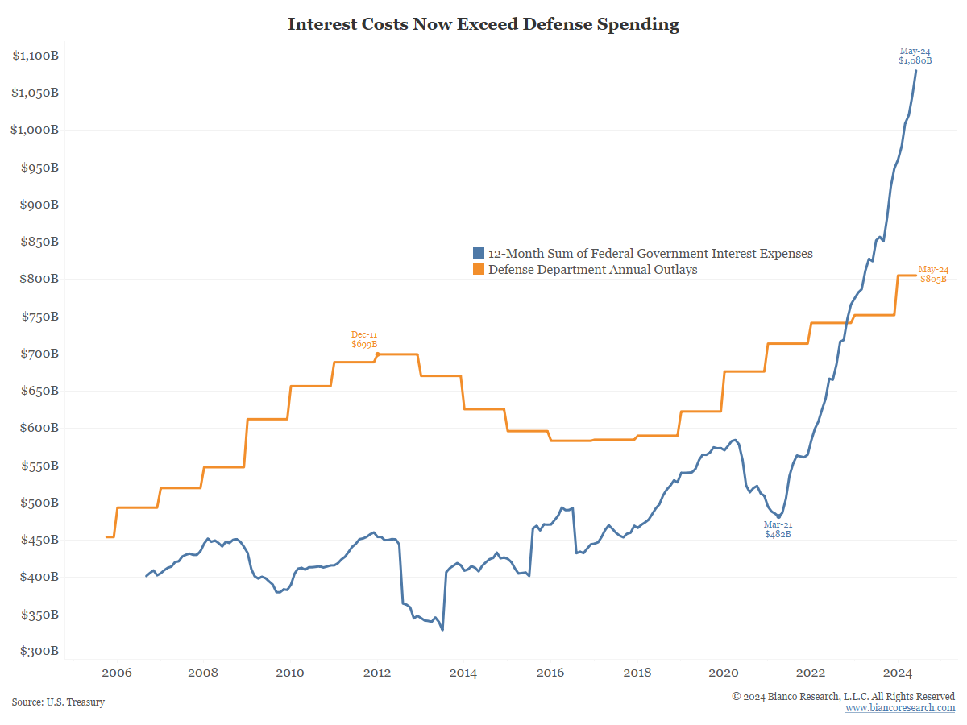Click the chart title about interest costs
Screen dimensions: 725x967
[x=483, y=24]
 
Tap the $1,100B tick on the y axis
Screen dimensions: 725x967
[x=35, y=55]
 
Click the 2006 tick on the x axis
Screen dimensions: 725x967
[x=117, y=673]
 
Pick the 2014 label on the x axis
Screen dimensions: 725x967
[x=463, y=673]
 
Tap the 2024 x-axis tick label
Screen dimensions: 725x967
[x=898, y=673]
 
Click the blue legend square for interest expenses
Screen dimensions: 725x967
[x=479, y=254]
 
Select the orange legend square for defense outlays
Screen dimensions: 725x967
[x=479, y=270]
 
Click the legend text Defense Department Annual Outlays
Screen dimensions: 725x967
[x=592, y=270]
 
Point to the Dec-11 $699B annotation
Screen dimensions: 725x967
[x=364, y=339]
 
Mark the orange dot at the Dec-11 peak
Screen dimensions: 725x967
[x=378, y=354]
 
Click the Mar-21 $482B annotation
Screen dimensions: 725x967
[x=778, y=529]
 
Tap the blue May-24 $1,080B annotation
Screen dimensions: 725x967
[x=915, y=56]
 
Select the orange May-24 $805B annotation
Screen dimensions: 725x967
[x=933, y=274]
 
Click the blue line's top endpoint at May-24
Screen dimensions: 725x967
[x=915, y=70]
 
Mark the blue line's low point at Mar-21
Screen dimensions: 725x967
[x=778, y=516]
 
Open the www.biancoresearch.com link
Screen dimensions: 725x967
[x=900, y=708]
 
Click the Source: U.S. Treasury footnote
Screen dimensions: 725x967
[x=58, y=702]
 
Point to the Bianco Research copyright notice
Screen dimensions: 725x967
[x=843, y=696]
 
